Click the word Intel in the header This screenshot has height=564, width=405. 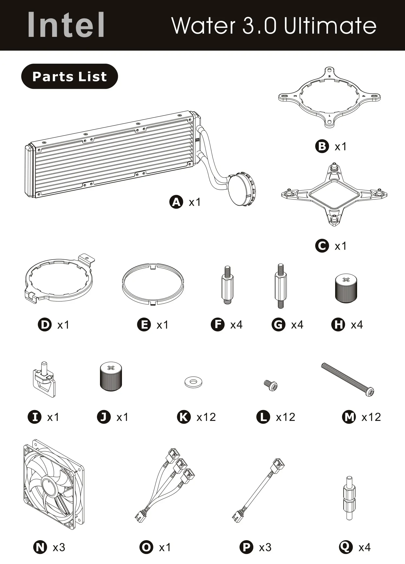(x=66, y=25)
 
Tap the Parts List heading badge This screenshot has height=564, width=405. (x=69, y=76)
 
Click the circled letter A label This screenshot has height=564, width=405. (x=176, y=202)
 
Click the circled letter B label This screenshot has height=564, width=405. (x=322, y=147)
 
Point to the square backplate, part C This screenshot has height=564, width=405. (x=334, y=195)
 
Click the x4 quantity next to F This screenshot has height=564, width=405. (x=236, y=325)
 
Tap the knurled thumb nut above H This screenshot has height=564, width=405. (x=346, y=288)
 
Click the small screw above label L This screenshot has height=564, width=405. (x=271, y=385)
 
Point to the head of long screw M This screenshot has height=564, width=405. (x=370, y=392)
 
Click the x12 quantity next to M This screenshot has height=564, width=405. (x=371, y=417)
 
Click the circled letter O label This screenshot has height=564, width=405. (x=146, y=547)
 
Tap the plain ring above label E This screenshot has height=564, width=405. (x=153, y=284)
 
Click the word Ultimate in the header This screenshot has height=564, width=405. (x=330, y=26)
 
